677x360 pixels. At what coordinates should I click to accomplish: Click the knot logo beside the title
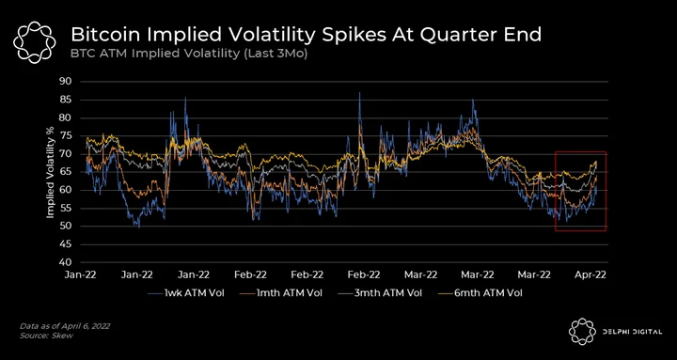pyautogui.click(x=35, y=41)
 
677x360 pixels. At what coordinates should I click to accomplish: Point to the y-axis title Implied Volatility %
pyautogui.click(x=50, y=171)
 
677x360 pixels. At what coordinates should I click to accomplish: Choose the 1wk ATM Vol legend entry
pyautogui.click(x=185, y=293)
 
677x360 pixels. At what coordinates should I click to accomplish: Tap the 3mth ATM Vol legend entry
pyautogui.click(x=382, y=293)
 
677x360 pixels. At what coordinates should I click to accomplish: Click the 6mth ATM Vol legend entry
pyautogui.click(x=481, y=293)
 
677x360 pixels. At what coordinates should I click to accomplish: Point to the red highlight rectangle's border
pyautogui.click(x=556, y=191)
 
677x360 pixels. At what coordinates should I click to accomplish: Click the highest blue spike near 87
pyautogui.click(x=359, y=93)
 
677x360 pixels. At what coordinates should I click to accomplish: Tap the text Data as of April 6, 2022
pyautogui.click(x=65, y=326)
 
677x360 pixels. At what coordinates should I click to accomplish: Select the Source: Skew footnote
pyautogui.click(x=47, y=336)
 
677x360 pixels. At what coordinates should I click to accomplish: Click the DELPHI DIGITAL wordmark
pyautogui.click(x=633, y=332)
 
